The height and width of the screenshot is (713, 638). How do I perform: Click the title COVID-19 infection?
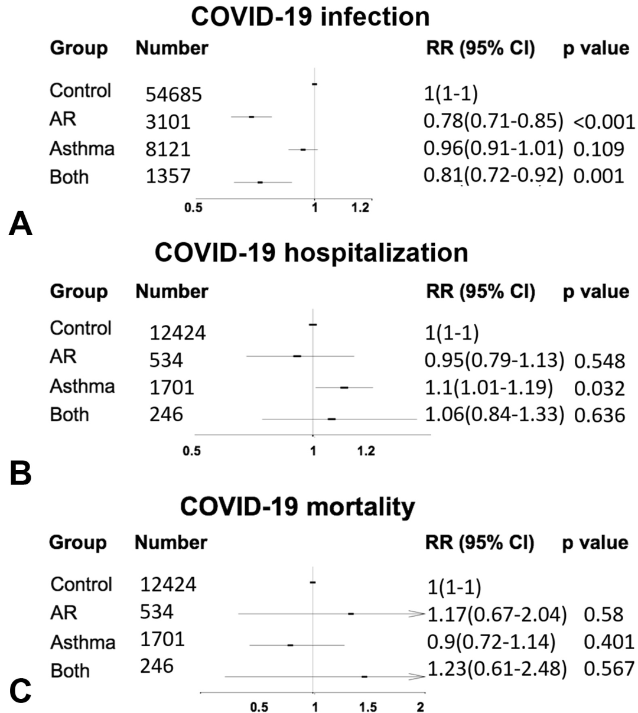tap(311, 16)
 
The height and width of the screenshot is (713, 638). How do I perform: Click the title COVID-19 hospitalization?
tap(311, 252)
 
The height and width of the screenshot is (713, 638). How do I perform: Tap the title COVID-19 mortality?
tap(298, 506)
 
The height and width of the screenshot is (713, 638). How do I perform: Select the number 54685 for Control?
tap(174, 94)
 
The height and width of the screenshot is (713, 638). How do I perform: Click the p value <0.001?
tap(604, 122)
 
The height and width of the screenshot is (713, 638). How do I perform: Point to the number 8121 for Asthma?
tap(168, 149)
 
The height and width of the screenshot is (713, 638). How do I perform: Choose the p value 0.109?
tap(598, 149)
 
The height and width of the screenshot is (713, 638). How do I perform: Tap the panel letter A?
tap(21, 225)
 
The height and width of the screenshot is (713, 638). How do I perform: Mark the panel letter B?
tap(21, 473)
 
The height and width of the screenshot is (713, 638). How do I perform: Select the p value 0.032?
tap(599, 388)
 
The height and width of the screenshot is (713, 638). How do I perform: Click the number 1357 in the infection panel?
tap(168, 176)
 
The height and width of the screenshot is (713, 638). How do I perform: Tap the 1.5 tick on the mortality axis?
tap(368, 707)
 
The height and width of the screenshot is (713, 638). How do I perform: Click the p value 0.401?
tap(608, 642)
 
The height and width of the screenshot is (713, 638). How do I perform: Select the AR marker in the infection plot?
tap(251, 117)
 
